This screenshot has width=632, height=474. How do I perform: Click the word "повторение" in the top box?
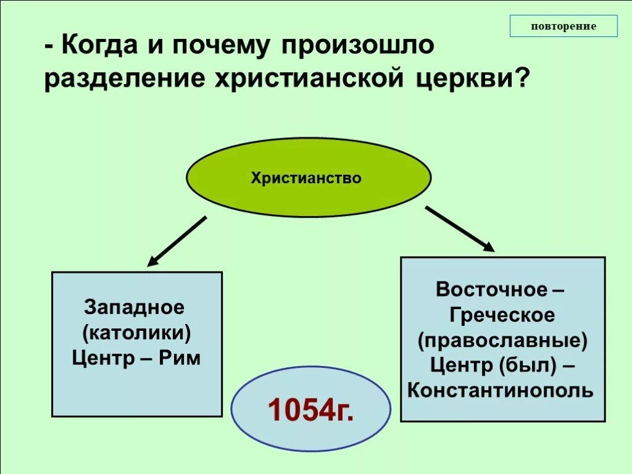click(x=563, y=26)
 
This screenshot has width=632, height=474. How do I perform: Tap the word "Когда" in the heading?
click(x=102, y=46)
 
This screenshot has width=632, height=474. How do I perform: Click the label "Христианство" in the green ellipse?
click(x=306, y=178)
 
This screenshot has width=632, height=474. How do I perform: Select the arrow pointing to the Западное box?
click(x=177, y=241)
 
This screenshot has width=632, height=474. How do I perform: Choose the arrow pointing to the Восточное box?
click(x=460, y=229)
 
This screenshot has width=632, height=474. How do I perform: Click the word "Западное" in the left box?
click(x=135, y=307)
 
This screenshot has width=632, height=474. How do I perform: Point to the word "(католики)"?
click(x=136, y=333)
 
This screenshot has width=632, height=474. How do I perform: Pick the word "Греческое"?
click(x=502, y=315)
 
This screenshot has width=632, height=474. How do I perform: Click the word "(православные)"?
click(x=502, y=340)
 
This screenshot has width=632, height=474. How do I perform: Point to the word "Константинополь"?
click(x=501, y=390)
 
